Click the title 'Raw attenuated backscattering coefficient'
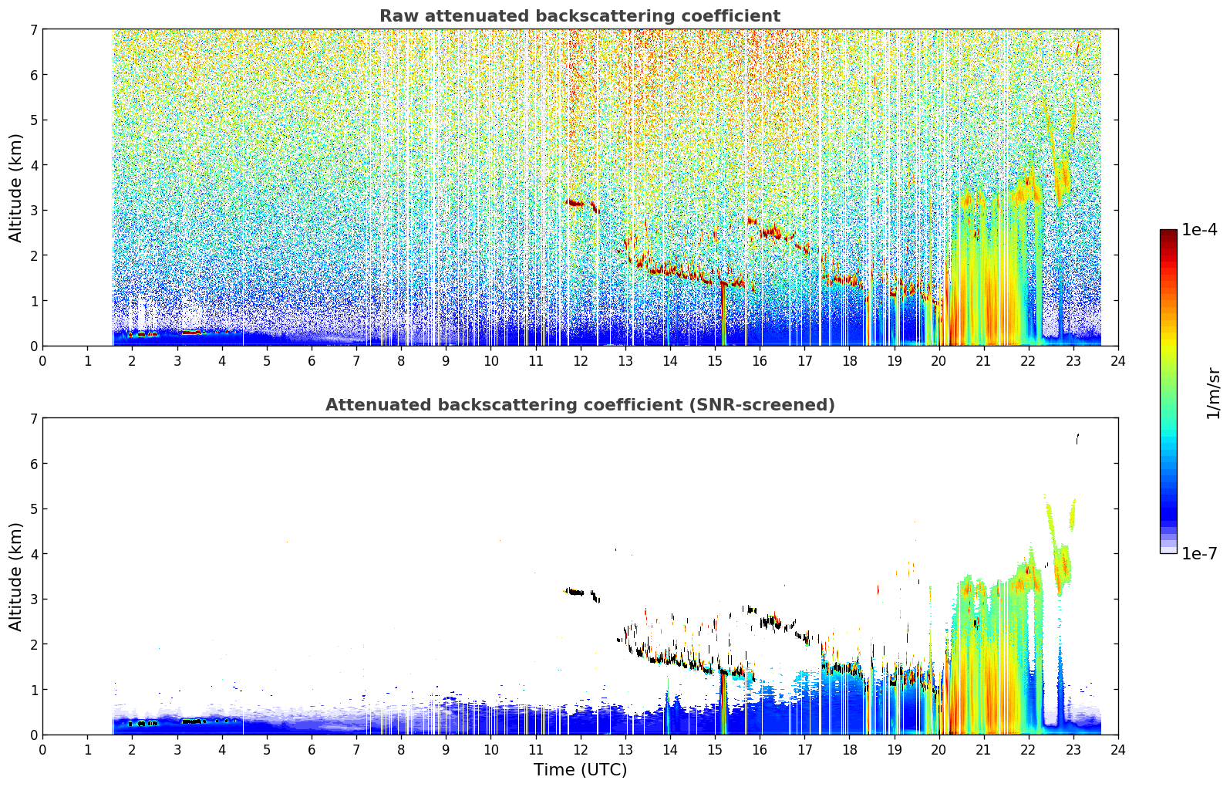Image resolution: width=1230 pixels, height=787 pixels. point(580,16)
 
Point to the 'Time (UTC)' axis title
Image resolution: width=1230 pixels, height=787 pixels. point(580,769)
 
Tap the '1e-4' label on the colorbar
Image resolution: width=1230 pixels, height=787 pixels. point(1199,230)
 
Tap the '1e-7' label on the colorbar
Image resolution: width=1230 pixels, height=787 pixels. point(1199,553)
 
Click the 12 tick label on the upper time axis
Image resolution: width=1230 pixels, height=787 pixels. point(581,361)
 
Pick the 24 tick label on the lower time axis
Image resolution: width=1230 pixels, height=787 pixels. point(1118,750)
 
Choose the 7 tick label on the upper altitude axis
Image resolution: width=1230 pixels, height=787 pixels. point(33,29)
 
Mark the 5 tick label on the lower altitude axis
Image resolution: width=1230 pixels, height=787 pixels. point(33,509)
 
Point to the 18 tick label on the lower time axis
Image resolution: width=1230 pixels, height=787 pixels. point(850,750)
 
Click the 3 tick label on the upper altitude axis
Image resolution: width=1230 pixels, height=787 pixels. point(33,211)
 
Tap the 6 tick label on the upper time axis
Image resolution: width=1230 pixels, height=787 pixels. point(312,361)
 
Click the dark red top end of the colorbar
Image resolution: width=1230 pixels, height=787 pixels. point(1168,233)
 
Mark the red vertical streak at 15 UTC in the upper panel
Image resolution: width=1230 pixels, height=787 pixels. point(723,314)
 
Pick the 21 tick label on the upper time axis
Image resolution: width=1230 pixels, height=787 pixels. point(983,361)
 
